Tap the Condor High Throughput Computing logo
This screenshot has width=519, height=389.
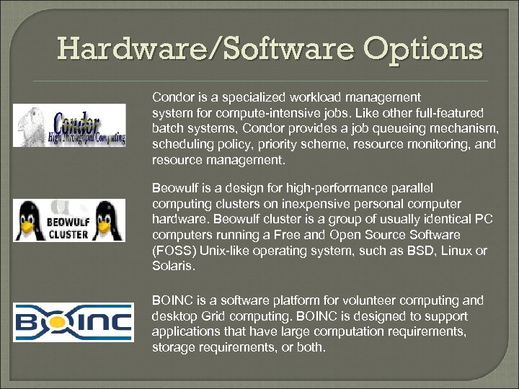pyautogui.click(x=70, y=125)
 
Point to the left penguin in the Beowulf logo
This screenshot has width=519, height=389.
pyautogui.click(x=29, y=219)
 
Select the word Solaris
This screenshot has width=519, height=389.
pyautogui.click(x=171, y=267)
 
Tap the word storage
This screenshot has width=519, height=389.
pyautogui.click(x=172, y=347)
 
